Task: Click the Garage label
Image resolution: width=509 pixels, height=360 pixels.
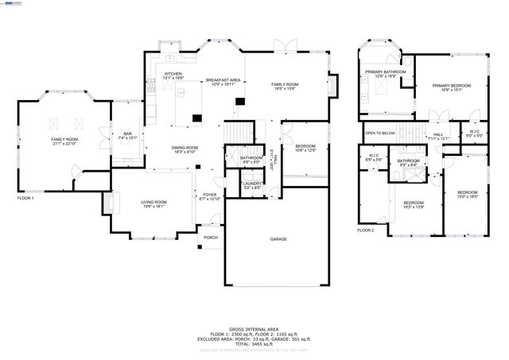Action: pyautogui.click(x=278, y=239)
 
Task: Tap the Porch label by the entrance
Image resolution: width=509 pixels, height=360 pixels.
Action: pyautogui.click(x=211, y=237)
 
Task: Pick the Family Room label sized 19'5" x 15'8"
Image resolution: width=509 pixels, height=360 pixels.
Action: pyautogui.click(x=284, y=86)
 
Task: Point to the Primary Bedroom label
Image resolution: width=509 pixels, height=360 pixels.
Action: pyautogui.click(x=451, y=87)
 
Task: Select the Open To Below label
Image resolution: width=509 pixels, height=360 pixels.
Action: pyautogui.click(x=380, y=133)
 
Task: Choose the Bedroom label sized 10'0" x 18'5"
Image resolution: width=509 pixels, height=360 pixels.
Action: pyautogui.click(x=467, y=194)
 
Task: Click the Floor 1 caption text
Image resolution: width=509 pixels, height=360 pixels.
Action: pyautogui.click(x=25, y=198)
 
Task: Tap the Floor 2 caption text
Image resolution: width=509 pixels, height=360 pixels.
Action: pyautogui.click(x=365, y=230)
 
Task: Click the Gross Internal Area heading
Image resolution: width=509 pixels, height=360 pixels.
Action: pyautogui.click(x=254, y=327)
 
